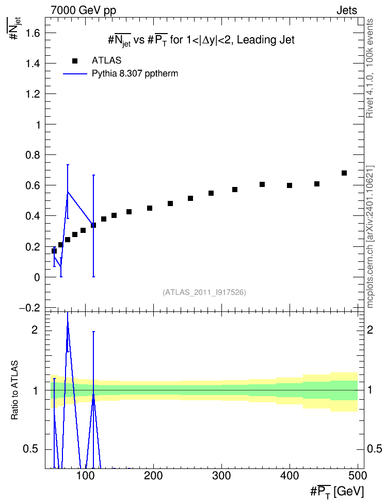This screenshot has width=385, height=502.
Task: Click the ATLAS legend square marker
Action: pos(75,61)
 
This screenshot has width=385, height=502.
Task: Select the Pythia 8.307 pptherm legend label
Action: pos(135,74)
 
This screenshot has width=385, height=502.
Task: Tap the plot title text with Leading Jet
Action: pos(201,40)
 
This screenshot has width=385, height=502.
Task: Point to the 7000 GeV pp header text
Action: pos(84,10)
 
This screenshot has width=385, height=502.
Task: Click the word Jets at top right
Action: pos(347,10)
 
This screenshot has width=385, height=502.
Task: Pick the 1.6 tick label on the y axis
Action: pos(33,33)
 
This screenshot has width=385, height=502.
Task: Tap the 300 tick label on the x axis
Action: pos(221,476)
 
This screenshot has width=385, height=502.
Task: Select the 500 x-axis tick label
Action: pos(358,476)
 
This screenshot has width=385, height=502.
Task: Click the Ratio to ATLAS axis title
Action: pos(14,390)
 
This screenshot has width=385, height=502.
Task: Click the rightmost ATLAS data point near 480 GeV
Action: pos(344,173)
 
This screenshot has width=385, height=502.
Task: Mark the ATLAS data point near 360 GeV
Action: pos(262,184)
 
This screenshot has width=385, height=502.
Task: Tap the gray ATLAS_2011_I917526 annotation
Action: pos(204,292)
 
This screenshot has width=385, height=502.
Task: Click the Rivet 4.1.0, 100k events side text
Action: pos(370,68)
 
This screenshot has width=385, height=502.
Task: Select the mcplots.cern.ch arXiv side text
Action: pos(370,237)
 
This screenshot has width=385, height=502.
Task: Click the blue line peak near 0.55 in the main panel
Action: pos(68,192)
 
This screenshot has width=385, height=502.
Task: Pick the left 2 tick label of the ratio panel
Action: pos(35,330)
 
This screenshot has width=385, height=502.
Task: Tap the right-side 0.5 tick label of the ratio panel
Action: pos(374,449)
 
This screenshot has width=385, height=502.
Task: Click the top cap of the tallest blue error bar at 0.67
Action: pos(93,175)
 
